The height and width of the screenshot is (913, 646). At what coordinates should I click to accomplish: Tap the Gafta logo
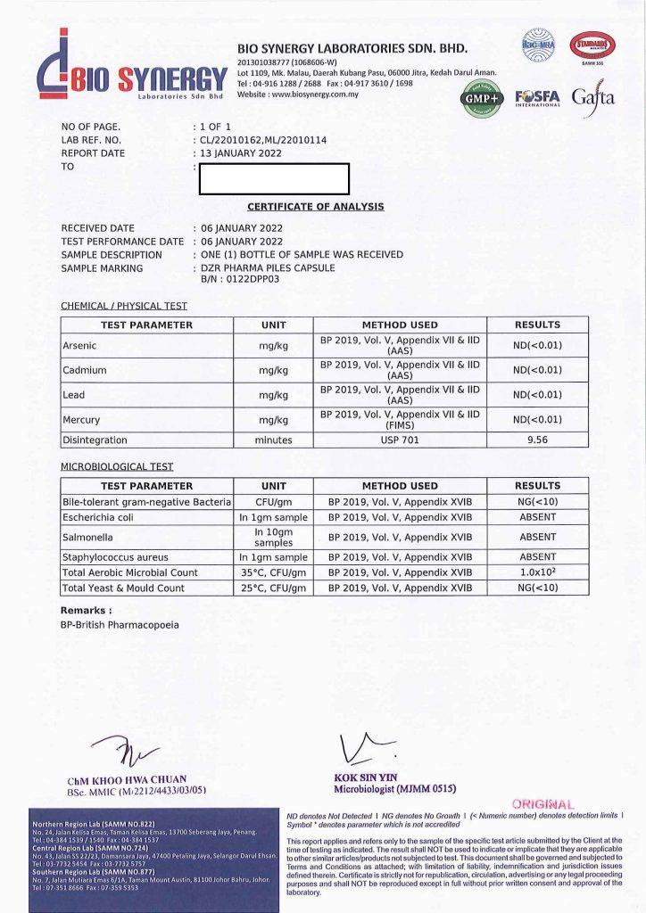click(593, 97)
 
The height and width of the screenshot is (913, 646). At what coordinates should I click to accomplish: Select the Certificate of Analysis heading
click(316, 207)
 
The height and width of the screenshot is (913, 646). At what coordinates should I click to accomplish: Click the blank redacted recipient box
click(275, 179)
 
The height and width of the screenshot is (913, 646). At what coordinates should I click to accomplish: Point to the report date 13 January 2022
click(241, 153)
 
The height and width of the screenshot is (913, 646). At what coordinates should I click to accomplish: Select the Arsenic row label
click(79, 345)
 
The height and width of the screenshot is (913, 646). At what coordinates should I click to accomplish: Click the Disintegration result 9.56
click(537, 440)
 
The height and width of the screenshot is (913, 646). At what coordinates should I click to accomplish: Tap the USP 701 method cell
click(400, 440)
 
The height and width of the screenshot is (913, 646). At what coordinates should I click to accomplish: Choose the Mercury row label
click(81, 419)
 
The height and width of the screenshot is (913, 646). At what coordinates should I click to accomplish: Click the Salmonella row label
click(87, 537)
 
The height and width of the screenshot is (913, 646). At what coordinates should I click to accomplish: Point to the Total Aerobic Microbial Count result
click(537, 572)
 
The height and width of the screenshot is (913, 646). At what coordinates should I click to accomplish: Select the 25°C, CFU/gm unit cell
click(274, 588)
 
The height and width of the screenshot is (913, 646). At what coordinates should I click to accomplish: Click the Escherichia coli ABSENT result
click(537, 517)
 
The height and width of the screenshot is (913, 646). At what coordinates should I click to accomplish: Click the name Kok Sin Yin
click(360, 777)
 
